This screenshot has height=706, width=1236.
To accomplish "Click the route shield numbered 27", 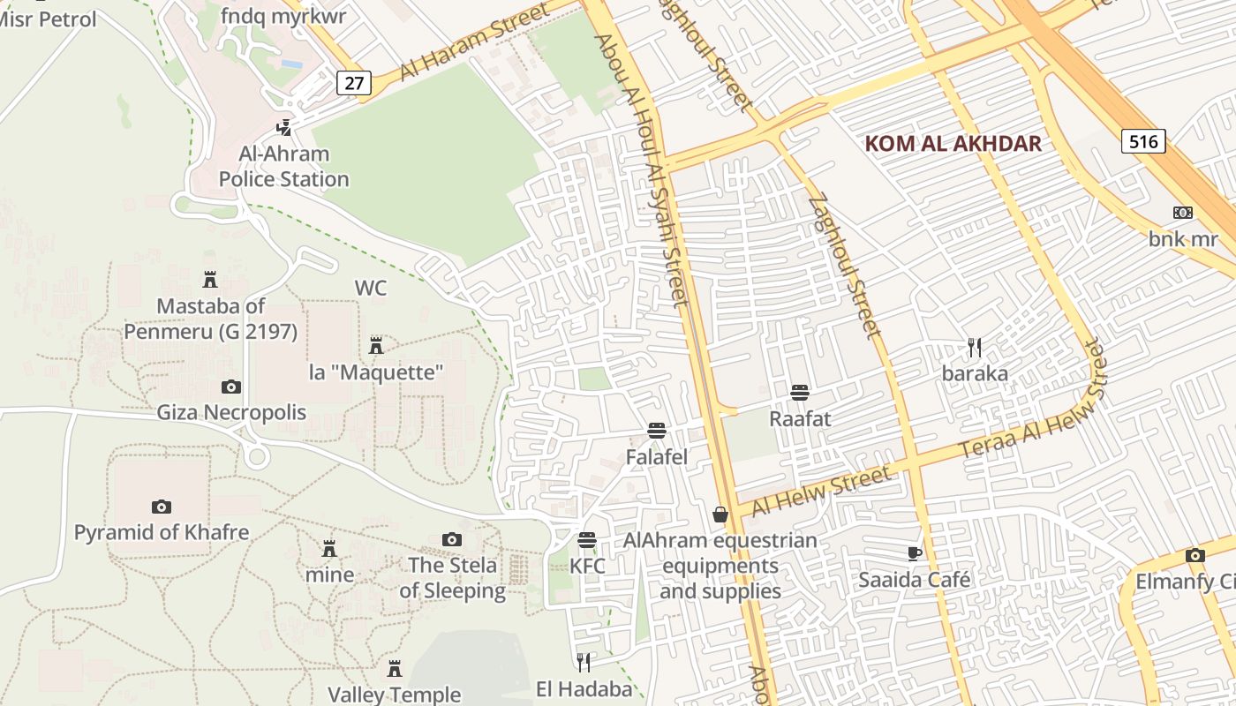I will tap(354, 84).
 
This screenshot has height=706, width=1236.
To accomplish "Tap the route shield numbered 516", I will tap(1143, 140).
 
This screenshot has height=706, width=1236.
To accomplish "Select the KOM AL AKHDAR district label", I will tap(953, 143).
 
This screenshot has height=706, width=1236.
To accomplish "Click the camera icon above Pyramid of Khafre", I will tap(161, 507).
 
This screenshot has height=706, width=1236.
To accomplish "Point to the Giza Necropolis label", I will tap(231, 412).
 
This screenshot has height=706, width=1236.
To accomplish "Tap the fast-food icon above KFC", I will tap(587, 540).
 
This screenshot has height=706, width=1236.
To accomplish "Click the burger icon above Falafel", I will tap(656, 431).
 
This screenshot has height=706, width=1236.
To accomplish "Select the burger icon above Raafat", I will tap(800, 392).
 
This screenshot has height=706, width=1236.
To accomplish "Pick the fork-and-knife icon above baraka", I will tap(975, 348).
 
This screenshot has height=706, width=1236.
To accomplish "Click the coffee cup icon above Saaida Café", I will tap(915, 553).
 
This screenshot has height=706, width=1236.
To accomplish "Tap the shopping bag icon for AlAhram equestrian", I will tap(720, 514).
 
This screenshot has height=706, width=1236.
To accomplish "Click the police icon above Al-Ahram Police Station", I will tap(283, 128).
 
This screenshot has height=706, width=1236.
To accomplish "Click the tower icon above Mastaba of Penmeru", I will tap(210, 280).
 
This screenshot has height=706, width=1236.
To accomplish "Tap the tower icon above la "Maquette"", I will tap(376, 345).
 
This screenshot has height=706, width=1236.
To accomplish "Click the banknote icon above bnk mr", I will tap(1183, 213).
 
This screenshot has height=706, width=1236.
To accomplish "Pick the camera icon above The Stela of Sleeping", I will tap(452, 539).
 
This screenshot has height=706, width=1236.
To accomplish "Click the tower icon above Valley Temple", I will tap(395, 668).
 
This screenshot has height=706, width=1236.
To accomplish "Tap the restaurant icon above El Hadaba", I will tap(584, 662).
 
